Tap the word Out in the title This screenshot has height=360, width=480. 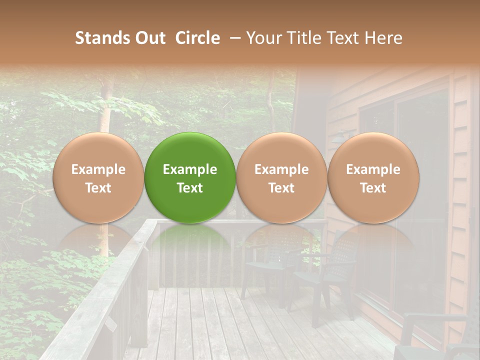pyautogui.click(x=149, y=38)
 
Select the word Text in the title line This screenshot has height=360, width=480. pyautogui.click(x=343, y=38)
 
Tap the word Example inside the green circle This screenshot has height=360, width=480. pyautogui.click(x=190, y=169)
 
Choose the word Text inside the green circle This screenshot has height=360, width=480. pyautogui.click(x=190, y=188)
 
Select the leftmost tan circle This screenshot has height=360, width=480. pyautogui.click(x=98, y=178)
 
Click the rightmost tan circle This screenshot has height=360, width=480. pyautogui.click(x=373, y=178)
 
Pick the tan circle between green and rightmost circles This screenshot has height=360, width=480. pyautogui.click(x=281, y=178)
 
